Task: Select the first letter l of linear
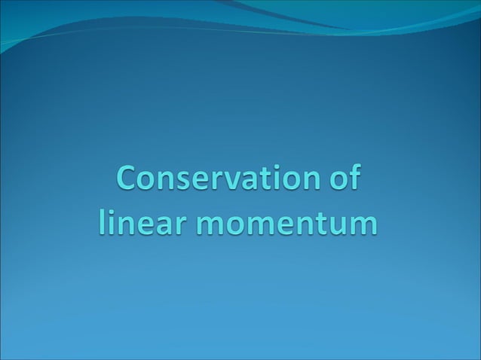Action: click(102, 221)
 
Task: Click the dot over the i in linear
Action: click(110, 211)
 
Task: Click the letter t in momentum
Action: click(323, 223)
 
